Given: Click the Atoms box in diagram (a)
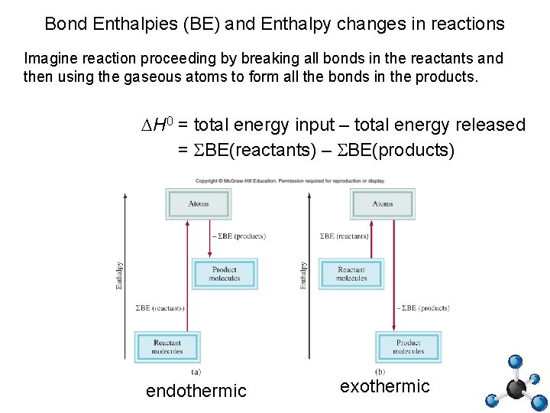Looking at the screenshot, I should tap(199, 203).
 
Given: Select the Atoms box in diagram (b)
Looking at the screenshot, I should tap(383, 203).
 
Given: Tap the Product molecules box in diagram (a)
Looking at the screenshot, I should tap(225, 274).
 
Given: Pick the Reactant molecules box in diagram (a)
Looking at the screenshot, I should tap(167, 346).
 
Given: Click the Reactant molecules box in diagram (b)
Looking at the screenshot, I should tap(351, 274).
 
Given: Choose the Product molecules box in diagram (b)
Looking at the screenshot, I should tap(409, 346).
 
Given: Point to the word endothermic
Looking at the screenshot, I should tap(196, 391).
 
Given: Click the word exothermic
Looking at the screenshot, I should tap(385, 386).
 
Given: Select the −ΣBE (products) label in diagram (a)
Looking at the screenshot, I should tap(238, 236).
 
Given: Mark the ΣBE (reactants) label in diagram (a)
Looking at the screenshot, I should tap(160, 308).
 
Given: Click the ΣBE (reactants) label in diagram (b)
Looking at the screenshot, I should tap(344, 236).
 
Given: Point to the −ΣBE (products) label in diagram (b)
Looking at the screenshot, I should tap(422, 308).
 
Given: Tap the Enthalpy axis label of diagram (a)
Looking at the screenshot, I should tap(118, 275).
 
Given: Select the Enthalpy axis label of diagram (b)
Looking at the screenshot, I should tap(303, 275).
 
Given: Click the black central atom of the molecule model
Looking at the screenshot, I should tap(517, 389).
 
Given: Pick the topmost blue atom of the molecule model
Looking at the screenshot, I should tap(516, 361).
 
